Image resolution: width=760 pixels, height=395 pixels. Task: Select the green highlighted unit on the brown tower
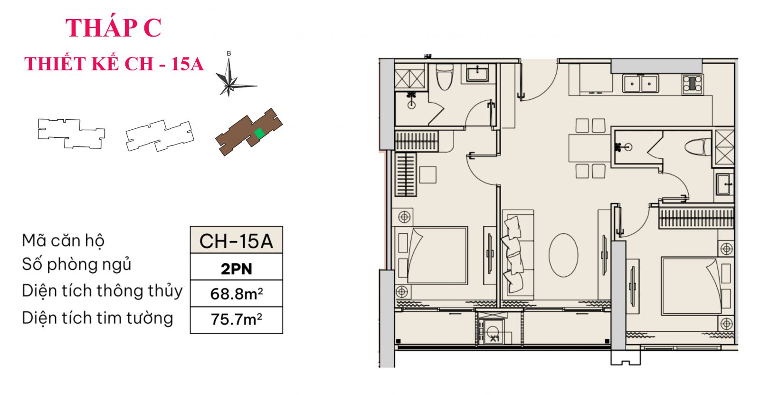pyautogui.click(x=259, y=133)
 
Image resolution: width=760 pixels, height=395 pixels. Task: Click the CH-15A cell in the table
pyautogui.click(x=236, y=241)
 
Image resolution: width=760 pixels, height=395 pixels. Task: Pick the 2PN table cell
pyautogui.click(x=236, y=269)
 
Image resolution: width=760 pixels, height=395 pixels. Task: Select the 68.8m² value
pyautogui.click(x=236, y=294)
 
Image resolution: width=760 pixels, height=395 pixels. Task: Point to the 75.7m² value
pyautogui.click(x=236, y=319)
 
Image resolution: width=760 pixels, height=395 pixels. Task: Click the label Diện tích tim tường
pyautogui.click(x=97, y=318)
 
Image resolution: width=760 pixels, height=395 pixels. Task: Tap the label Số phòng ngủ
pyautogui.click(x=76, y=264)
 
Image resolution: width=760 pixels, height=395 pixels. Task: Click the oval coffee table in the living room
pyautogui.click(x=563, y=255)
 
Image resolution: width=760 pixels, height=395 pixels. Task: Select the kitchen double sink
pyautogui.click(x=640, y=84)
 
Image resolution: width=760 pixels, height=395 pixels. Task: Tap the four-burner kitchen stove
pyautogui.click(x=693, y=84)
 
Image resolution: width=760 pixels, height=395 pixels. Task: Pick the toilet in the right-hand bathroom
pyautogui.click(x=698, y=147)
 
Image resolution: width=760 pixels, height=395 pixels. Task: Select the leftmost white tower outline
pyautogui.click(x=71, y=133)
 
